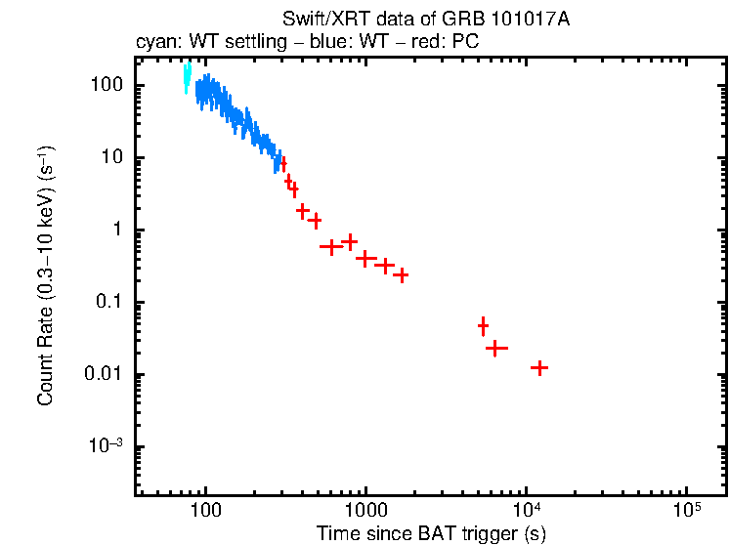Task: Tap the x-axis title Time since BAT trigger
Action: coord(430,533)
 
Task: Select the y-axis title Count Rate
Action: coord(45,276)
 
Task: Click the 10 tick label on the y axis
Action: coord(111,157)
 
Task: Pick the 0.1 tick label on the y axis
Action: coord(109,302)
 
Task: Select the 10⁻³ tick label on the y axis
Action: coord(107,446)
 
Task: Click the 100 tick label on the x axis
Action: coord(205,511)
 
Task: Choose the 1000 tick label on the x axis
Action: coord(365,511)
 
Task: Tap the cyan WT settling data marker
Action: coord(187,79)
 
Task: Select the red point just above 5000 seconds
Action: coord(483,325)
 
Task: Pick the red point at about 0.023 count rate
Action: coord(496,348)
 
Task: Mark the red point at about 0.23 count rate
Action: coord(400,275)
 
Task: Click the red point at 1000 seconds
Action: coord(366,259)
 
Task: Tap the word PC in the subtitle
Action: coord(465,42)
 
